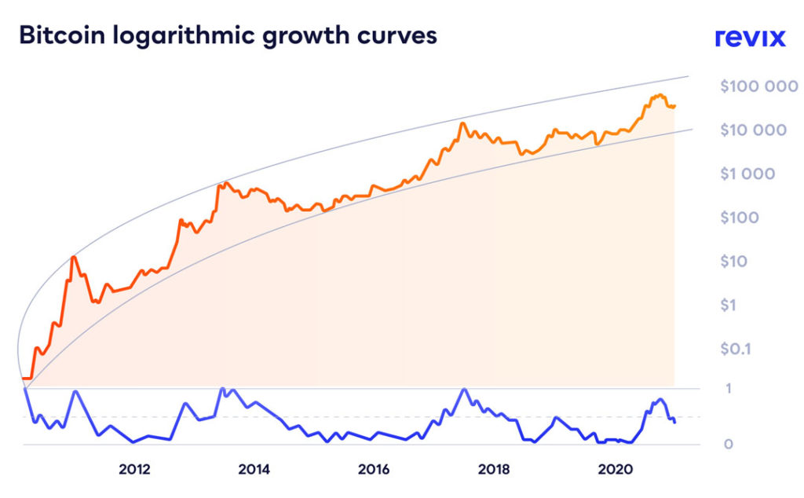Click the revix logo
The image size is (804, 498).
pos(749,38)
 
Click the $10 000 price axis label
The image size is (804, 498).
pos(753,130)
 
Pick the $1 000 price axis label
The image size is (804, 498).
pos(747,174)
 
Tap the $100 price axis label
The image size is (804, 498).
pos(739,217)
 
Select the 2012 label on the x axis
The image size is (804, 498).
pos(134,471)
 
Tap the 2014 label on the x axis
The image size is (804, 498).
pos(254,471)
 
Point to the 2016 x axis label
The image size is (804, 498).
pos(374,471)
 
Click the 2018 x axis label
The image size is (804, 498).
pos(493,471)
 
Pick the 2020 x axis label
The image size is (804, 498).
pos(612,471)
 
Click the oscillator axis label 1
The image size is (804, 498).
pos(728,388)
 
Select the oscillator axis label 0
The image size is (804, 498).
pos(728,445)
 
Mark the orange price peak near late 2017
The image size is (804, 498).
pos(463,123)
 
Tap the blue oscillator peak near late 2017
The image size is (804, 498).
pos(464,390)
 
